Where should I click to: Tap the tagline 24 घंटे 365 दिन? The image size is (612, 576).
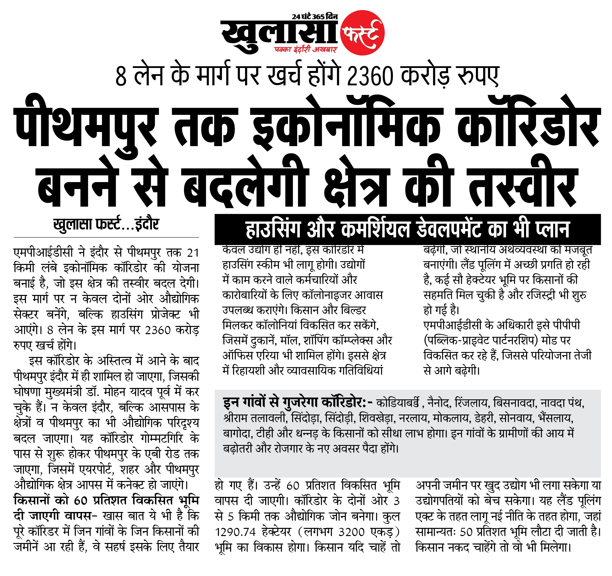[x=315, y=17]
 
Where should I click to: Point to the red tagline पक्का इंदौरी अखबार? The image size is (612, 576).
[x=306, y=49]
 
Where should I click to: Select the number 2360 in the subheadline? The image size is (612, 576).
[x=370, y=76]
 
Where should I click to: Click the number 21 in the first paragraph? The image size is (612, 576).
[x=193, y=253]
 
